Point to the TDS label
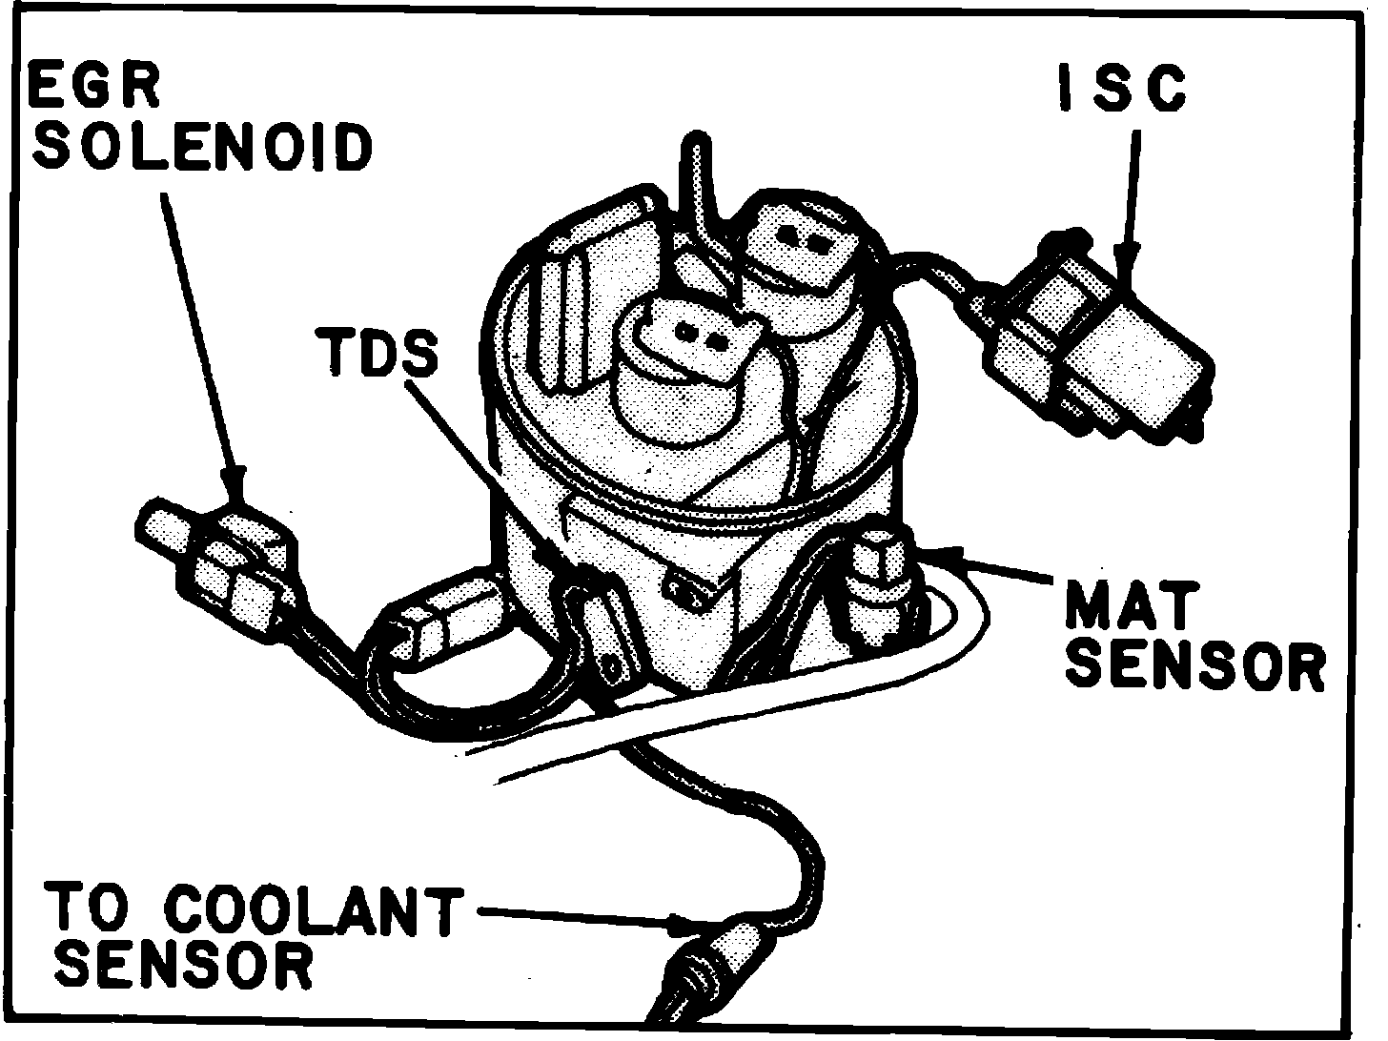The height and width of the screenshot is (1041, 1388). click(x=379, y=351)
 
